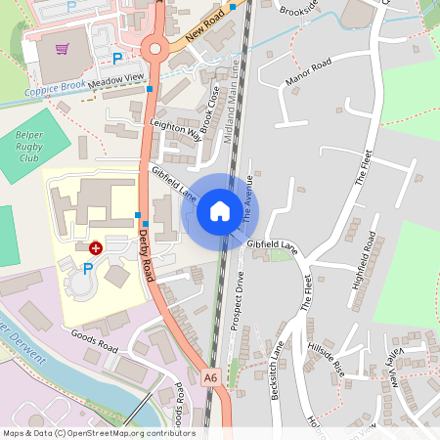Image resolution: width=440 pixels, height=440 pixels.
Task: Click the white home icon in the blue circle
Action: (x=220, y=210)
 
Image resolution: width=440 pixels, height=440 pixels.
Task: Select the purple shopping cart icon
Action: (x=63, y=49)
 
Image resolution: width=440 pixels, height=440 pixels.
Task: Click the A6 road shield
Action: (x=210, y=376)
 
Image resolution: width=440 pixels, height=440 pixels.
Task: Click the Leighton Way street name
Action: (x=175, y=132)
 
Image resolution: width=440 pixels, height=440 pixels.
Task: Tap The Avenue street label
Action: (x=243, y=204)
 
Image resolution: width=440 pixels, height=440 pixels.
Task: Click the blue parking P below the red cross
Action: (x=88, y=269)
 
